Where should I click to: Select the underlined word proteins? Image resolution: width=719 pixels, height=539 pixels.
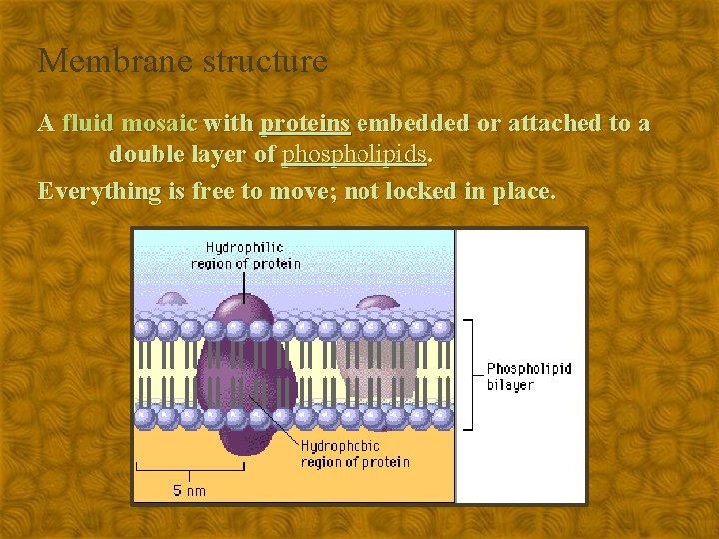click(304, 124)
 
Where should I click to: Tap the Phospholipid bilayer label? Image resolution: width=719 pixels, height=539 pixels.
click(528, 376)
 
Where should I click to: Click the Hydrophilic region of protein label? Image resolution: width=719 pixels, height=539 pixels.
click(245, 255)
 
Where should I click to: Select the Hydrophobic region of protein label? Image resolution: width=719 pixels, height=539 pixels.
click(355, 454)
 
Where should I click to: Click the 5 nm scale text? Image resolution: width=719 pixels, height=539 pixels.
click(189, 489)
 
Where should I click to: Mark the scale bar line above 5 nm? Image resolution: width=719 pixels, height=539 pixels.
click(189, 469)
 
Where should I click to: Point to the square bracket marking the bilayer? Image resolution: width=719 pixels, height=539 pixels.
click(470, 373)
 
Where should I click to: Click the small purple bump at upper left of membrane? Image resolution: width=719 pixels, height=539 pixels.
click(171, 299)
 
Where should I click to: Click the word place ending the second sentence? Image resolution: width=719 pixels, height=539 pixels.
click(523, 191)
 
